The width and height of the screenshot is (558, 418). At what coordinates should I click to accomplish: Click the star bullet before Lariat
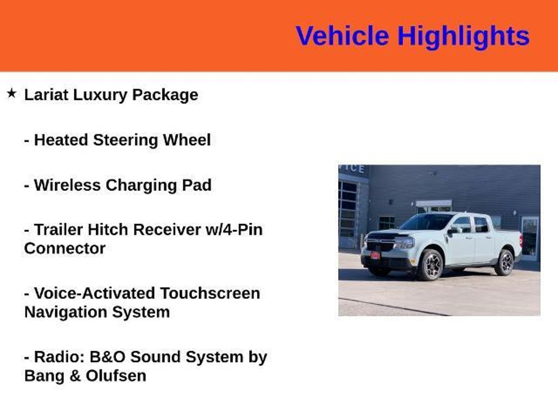coord(11,94)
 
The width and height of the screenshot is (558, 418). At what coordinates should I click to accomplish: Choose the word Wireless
coord(67,185)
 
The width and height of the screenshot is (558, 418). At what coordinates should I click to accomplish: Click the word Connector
coord(65,248)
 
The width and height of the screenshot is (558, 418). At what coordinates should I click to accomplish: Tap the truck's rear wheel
coord(504,262)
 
